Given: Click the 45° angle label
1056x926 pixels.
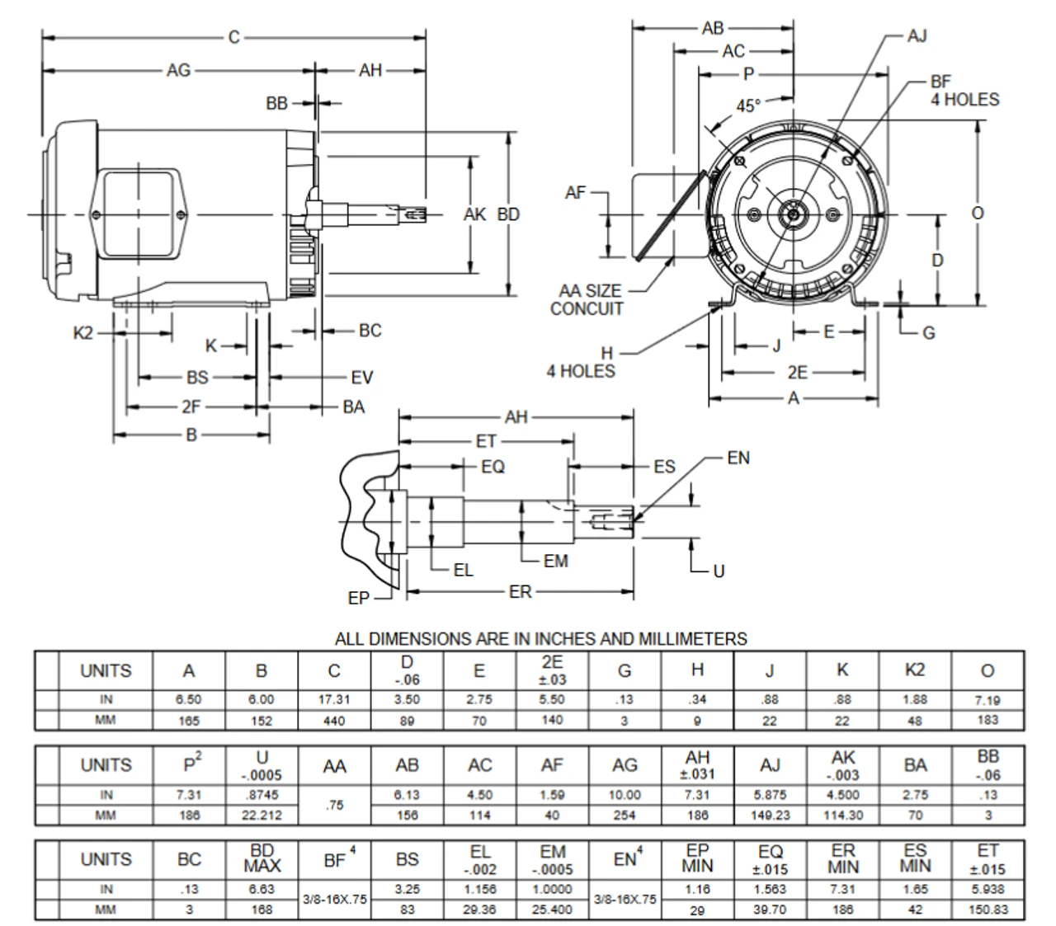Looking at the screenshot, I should click(747, 106).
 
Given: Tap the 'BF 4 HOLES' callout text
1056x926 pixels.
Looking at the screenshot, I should click(964, 91).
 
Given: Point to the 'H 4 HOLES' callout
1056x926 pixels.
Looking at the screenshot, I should click(581, 362).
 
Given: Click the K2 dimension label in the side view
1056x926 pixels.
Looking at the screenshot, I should click(84, 333).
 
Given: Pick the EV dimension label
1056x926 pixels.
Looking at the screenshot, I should click(361, 378).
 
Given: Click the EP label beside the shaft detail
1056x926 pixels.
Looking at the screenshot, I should click(359, 599).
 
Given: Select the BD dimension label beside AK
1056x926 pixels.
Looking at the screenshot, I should click(508, 214).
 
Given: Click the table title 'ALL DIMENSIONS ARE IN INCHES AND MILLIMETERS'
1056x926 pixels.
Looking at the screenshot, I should click(540, 639).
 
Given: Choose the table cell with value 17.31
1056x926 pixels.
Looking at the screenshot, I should click(334, 699).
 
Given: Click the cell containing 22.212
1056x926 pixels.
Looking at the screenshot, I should click(262, 816).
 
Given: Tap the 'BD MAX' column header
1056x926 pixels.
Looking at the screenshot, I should click(262, 858).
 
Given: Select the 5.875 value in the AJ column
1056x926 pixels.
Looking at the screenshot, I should click(770, 795).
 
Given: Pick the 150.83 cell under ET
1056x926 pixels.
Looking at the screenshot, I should click(988, 910).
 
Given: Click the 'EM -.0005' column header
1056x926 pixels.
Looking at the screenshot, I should click(552, 858).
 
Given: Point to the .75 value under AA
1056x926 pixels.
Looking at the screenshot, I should click(334, 805).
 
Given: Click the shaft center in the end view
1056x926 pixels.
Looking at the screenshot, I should click(794, 214).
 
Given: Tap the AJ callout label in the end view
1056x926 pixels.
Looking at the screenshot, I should click(917, 35).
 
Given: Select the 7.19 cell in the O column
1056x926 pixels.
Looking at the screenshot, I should click(988, 699).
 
